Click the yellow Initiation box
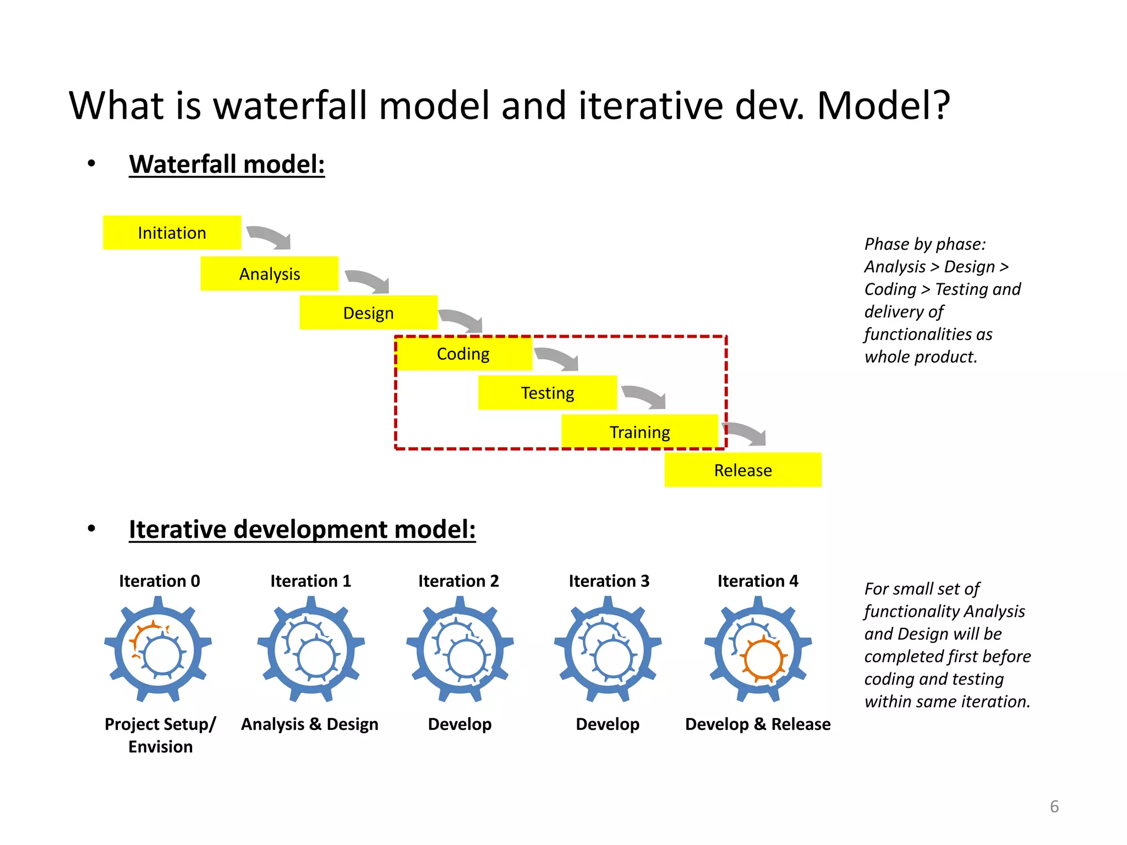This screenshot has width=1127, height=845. coord(172,233)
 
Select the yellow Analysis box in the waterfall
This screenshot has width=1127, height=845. coord(269,273)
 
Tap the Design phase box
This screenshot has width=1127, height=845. coord(368,312)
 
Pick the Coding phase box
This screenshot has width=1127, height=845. coord(463,354)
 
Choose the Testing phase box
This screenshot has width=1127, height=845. coord(547,393)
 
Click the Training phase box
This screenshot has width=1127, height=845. coord(639,432)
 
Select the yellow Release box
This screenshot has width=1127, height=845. coord(742,470)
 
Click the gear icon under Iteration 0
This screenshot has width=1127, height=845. coord(158,650)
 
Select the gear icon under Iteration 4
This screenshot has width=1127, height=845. coord(758,650)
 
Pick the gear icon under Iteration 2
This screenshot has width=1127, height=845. coord(460,650)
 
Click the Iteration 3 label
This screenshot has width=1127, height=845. coord(609,581)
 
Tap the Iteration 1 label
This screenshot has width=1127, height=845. coord(310,581)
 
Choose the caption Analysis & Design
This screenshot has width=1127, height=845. coord(310,724)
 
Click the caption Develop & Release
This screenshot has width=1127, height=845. coord(758,724)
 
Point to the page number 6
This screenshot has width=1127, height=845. coord(1054,806)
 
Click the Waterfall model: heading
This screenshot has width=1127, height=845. coord(227,164)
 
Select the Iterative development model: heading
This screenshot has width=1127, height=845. coord(302,529)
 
